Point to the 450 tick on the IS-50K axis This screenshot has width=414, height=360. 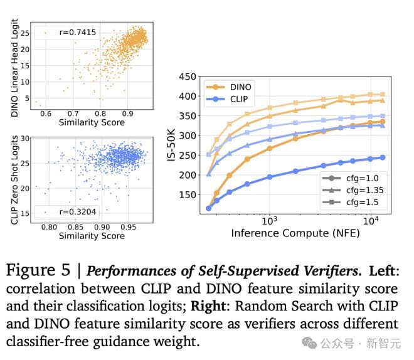click(x=187, y=77)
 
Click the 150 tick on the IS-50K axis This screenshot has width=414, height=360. click(x=187, y=195)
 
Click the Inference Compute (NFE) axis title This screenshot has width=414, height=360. click(x=289, y=233)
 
